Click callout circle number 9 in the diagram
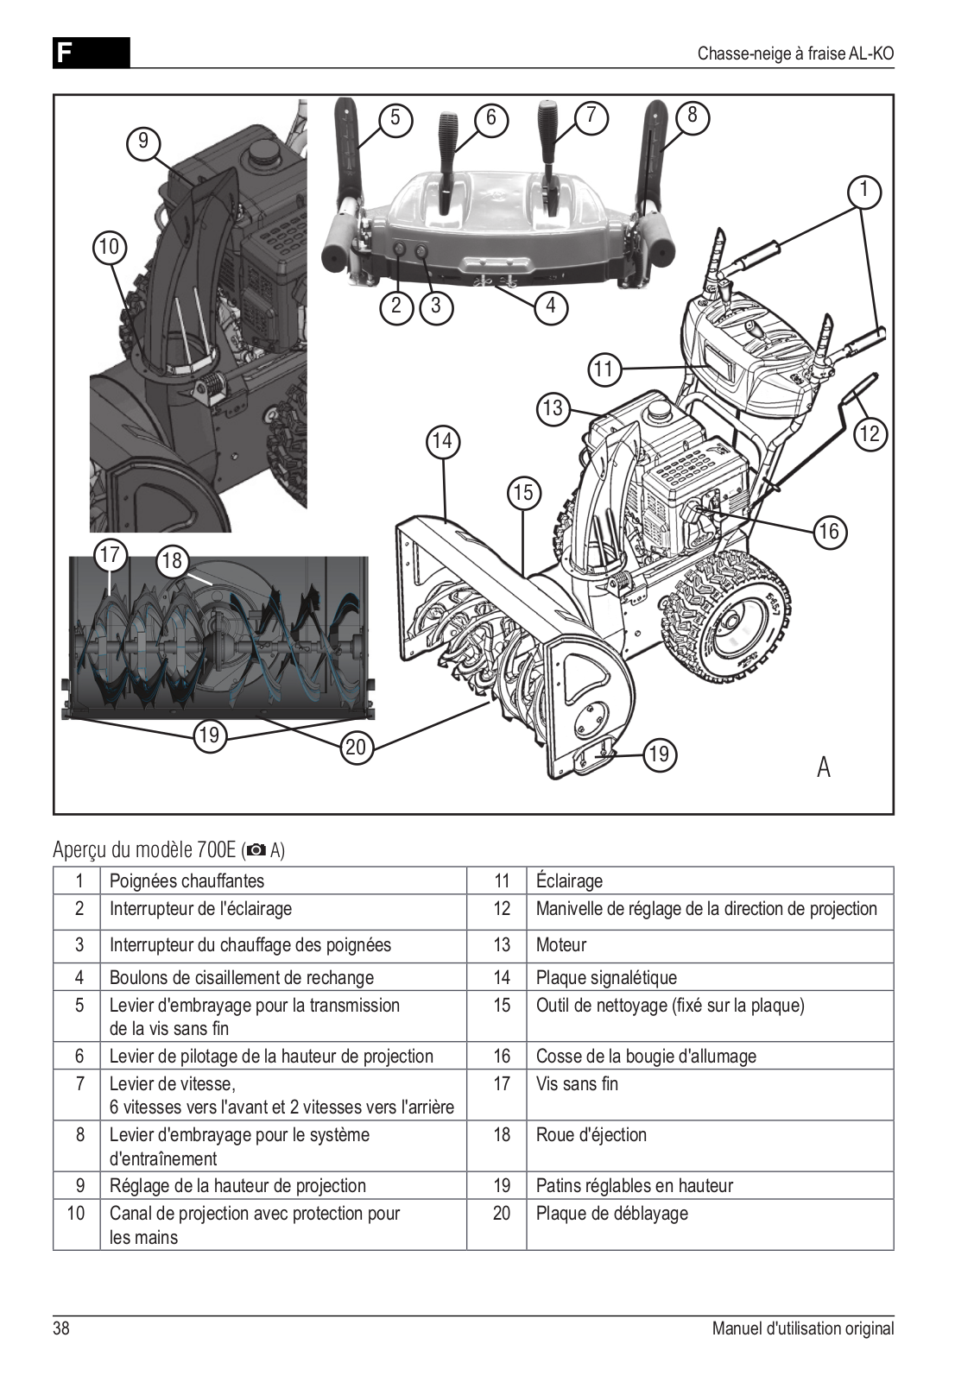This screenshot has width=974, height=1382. [x=143, y=141]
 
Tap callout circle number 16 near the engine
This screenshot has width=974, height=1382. [x=829, y=531]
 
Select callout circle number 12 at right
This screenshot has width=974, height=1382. [x=870, y=433]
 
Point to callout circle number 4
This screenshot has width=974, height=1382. [x=551, y=306]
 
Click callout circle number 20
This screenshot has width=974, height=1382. [x=357, y=747]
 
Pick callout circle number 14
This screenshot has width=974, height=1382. [x=442, y=442]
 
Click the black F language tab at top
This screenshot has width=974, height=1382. [x=91, y=53]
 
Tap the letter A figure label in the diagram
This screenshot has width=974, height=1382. [x=823, y=767]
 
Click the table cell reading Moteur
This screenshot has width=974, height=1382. [x=561, y=945]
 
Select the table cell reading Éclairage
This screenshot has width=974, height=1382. [x=569, y=881]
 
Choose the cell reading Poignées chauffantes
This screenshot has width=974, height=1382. [x=187, y=881]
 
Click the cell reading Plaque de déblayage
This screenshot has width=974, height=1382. [x=611, y=1214]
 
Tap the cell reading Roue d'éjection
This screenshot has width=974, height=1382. [x=591, y=1135]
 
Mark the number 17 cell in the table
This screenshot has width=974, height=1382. [x=502, y=1084]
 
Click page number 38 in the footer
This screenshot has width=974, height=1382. [x=61, y=1328]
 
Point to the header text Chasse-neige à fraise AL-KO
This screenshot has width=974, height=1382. [x=795, y=54]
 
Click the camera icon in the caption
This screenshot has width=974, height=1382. [x=256, y=851]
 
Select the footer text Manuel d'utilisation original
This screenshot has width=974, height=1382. [x=802, y=1328]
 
